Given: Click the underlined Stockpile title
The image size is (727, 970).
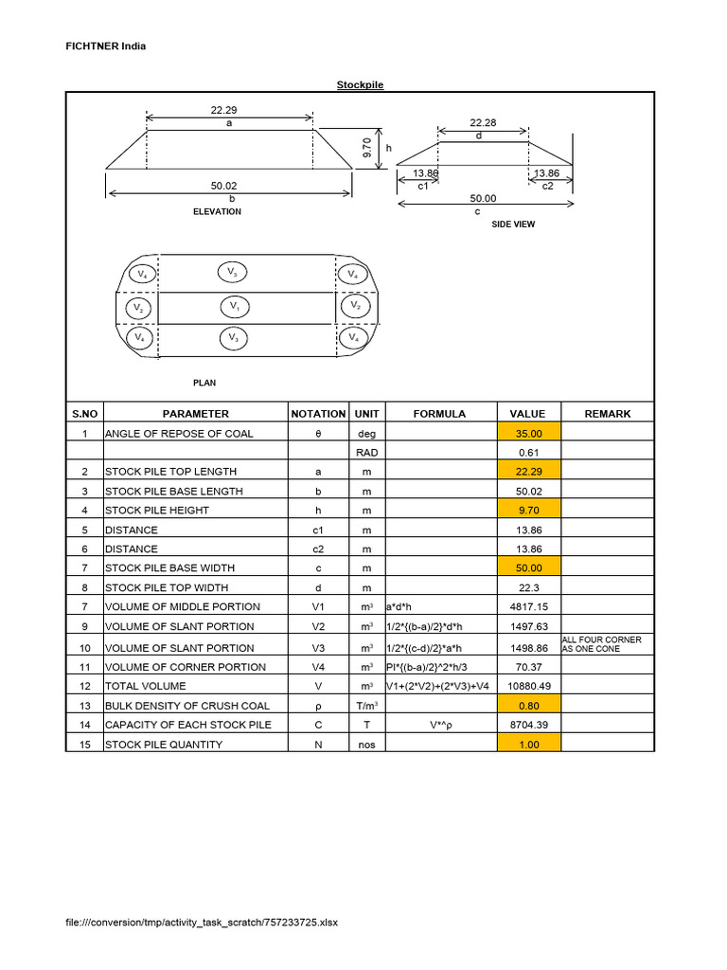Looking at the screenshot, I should coord(361,85).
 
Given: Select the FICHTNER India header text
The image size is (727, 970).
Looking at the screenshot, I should coord(105,45).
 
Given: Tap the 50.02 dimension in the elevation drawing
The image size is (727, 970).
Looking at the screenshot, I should coord(223,186).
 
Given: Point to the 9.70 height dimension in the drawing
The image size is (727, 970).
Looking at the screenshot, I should coord(368,148).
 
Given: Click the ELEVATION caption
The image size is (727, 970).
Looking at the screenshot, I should coord(217,212).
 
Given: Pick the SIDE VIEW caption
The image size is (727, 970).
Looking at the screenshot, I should coord(513,224).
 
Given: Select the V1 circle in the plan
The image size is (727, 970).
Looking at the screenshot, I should coord(235,307).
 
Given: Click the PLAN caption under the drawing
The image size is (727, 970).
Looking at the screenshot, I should coord(204,383).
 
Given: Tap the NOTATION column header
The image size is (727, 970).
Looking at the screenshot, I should coord(318,414).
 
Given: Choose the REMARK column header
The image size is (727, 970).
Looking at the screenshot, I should coord(607,414).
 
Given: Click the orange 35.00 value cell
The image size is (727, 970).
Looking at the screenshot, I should coord(527,433).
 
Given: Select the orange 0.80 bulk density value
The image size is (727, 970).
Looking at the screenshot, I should coord(527,706).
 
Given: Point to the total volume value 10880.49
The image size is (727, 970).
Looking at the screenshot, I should coord(527,686).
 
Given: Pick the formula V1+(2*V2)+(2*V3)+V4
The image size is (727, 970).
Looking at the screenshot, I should coord(439,686).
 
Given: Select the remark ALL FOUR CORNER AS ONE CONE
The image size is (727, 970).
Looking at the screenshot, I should coord(602,645).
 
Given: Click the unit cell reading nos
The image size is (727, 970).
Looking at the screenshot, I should coord(367,745).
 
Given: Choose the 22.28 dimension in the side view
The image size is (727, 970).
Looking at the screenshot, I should coord(483,123).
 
